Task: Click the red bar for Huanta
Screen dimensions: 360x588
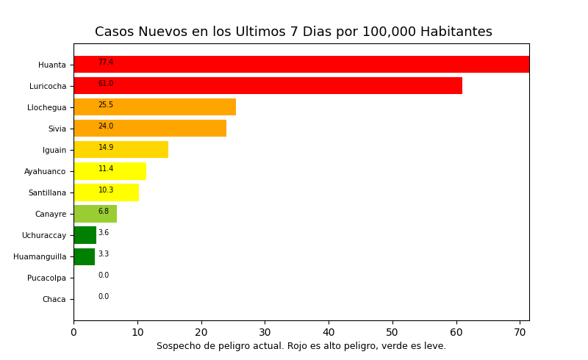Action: coord(301,65)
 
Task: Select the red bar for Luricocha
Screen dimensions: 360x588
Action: coord(268,86)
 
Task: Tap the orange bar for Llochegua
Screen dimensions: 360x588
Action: coord(155,107)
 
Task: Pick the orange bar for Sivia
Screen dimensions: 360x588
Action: coord(150,129)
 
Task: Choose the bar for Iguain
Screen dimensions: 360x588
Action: coord(121,150)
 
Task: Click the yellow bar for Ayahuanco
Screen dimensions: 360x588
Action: coord(110,171)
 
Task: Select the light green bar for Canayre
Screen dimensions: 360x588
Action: coord(96,214)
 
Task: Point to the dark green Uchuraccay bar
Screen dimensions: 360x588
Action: coord(85,235)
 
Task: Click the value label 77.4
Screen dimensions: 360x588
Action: coord(106,62)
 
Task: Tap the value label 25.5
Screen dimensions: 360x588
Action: coord(106,105)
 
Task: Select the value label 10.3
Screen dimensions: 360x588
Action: coord(106,190)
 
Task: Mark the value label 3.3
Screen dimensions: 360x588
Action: coord(104,254)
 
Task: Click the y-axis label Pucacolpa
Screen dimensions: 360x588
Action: coord(46,278)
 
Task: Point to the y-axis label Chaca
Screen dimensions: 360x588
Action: coord(54,300)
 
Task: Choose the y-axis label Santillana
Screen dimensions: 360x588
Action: coord(47,193)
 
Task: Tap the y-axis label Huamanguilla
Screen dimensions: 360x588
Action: coord(40,257)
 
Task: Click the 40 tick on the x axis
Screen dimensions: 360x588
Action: coord(329,332)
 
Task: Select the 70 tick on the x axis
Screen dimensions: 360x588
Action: coord(520,332)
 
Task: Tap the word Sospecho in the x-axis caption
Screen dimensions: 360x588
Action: coord(179,346)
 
